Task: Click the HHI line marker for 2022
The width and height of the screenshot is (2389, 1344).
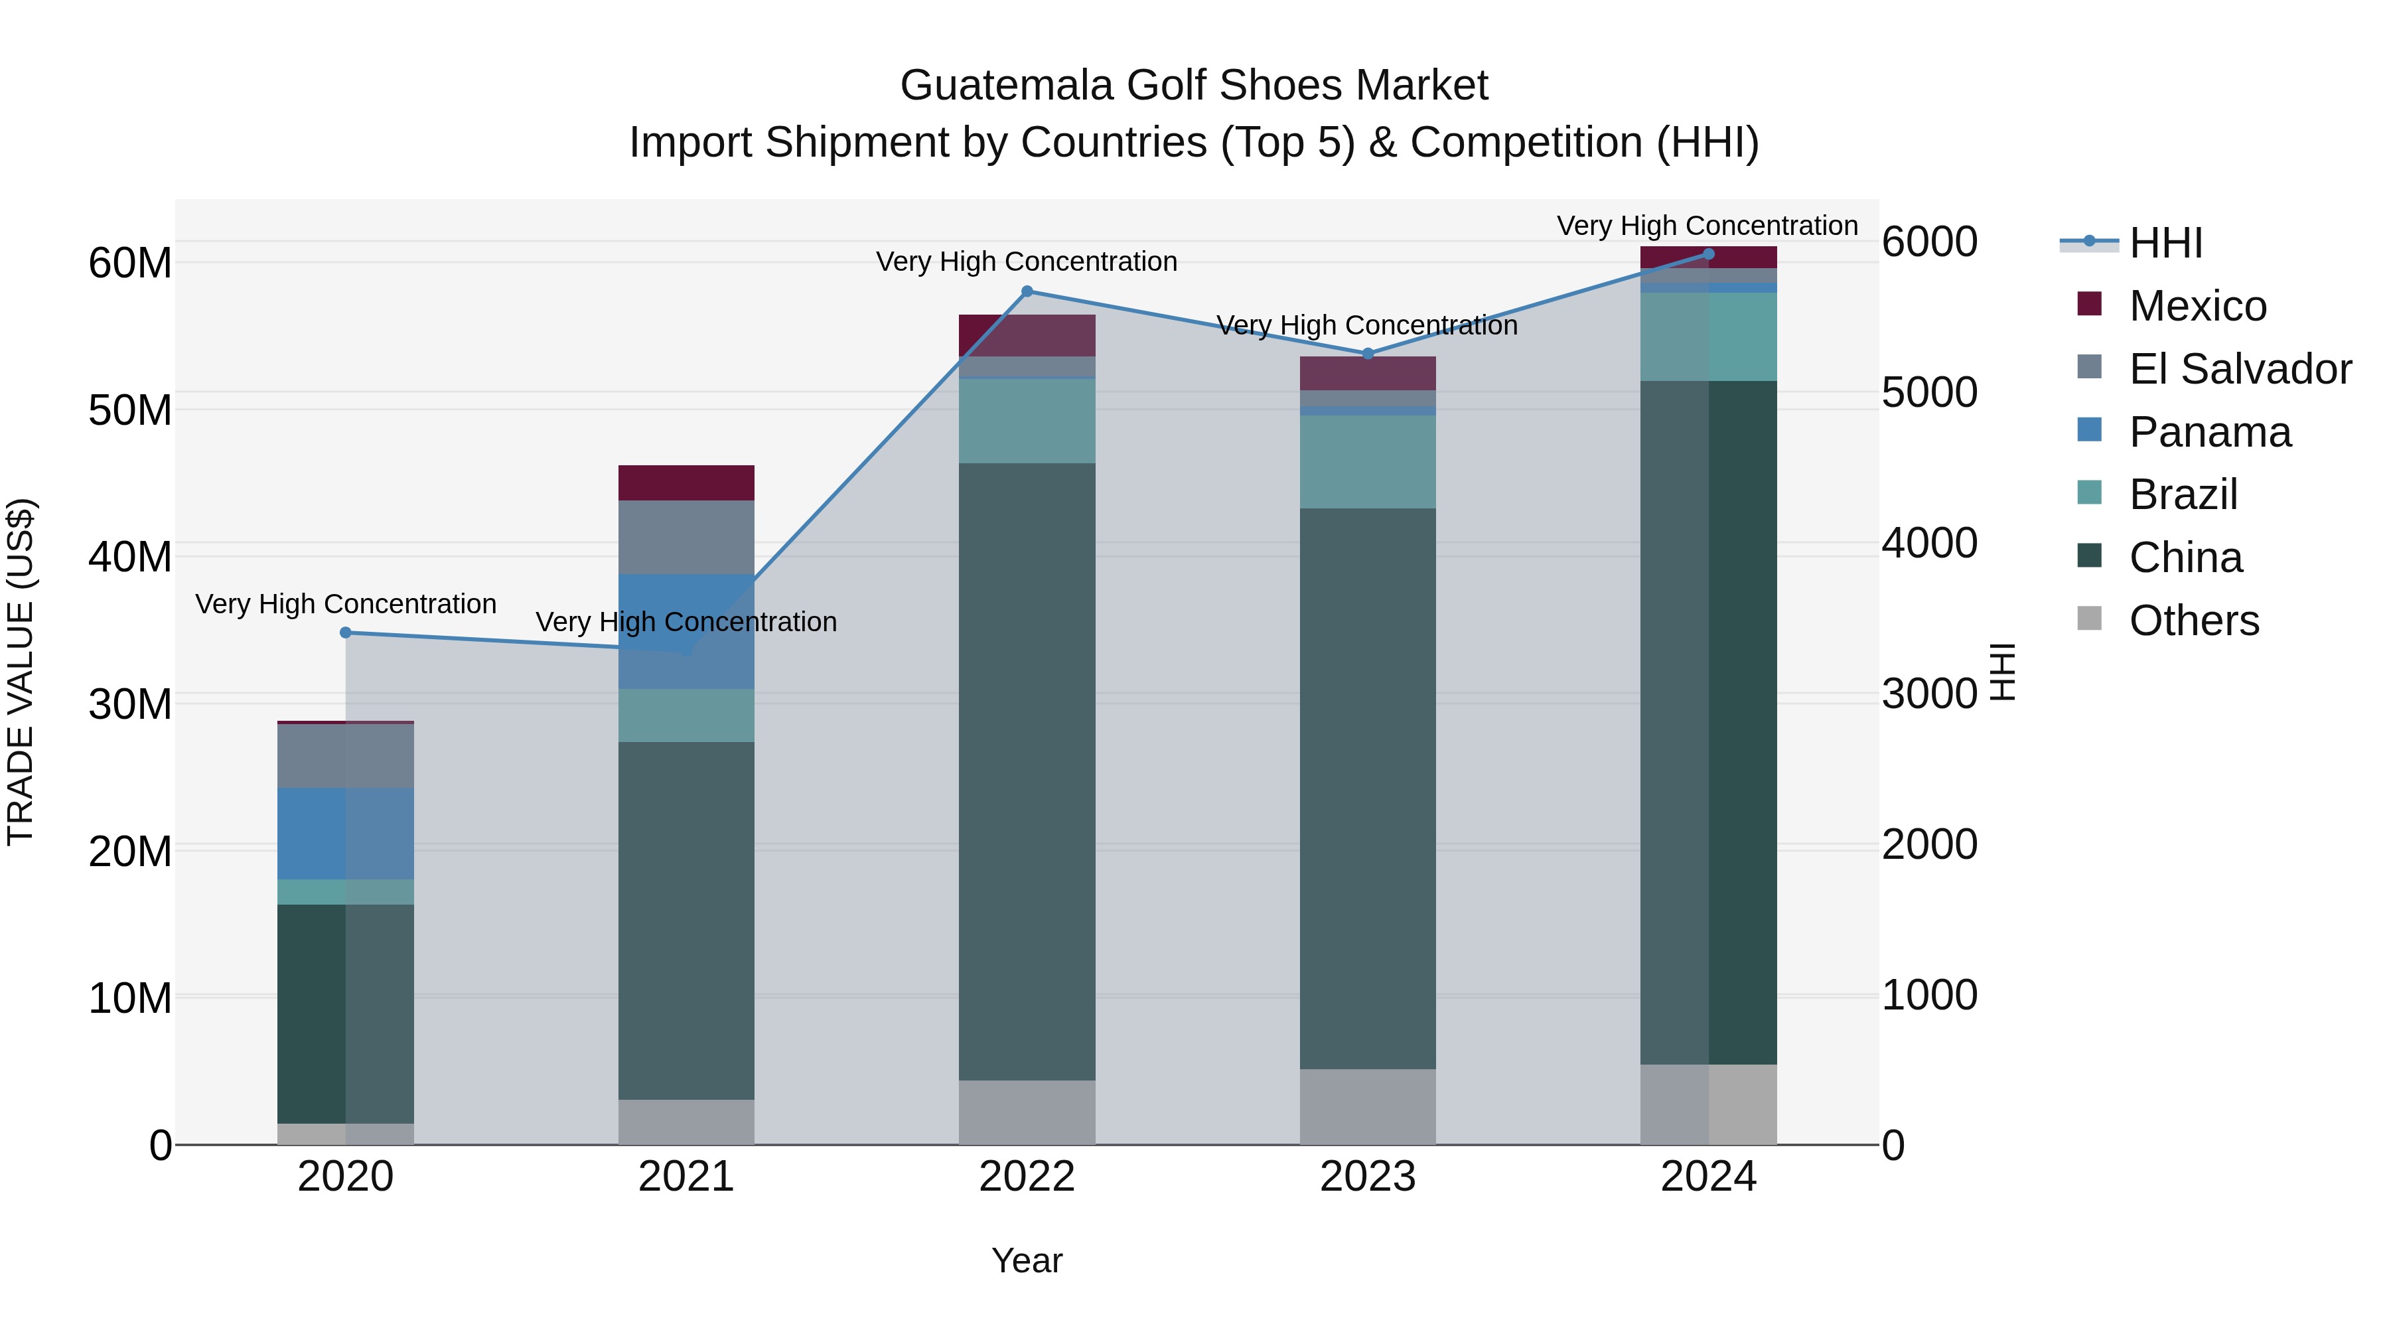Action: click(1027, 291)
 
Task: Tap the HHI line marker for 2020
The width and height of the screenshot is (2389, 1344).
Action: click(346, 633)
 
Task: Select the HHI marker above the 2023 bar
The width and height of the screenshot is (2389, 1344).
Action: click(1368, 353)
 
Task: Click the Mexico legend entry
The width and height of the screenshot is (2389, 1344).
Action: click(2197, 306)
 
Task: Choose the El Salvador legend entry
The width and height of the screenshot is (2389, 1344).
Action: click(2240, 369)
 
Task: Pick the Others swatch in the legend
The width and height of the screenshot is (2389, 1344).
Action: click(2090, 618)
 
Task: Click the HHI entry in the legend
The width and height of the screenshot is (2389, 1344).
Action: click(2165, 243)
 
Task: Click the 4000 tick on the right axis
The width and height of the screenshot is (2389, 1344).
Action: click(1929, 544)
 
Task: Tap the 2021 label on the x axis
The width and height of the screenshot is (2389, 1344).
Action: click(686, 1177)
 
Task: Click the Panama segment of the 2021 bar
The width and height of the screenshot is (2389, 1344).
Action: click(686, 631)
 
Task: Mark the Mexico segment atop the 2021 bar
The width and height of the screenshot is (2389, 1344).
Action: click(686, 483)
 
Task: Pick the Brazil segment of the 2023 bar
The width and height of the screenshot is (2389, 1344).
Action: click(1368, 461)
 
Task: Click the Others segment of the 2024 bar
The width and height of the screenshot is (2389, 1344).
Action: click(1708, 1104)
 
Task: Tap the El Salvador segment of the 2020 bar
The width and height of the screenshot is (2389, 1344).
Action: click(346, 755)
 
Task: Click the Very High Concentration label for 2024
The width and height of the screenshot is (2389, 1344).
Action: click(1707, 226)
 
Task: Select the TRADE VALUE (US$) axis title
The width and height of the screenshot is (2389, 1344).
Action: click(21, 672)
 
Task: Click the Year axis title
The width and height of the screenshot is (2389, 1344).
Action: click(1027, 1260)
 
